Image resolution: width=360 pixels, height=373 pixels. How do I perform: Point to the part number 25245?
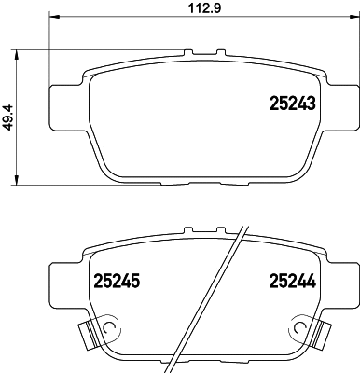point(117,278)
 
